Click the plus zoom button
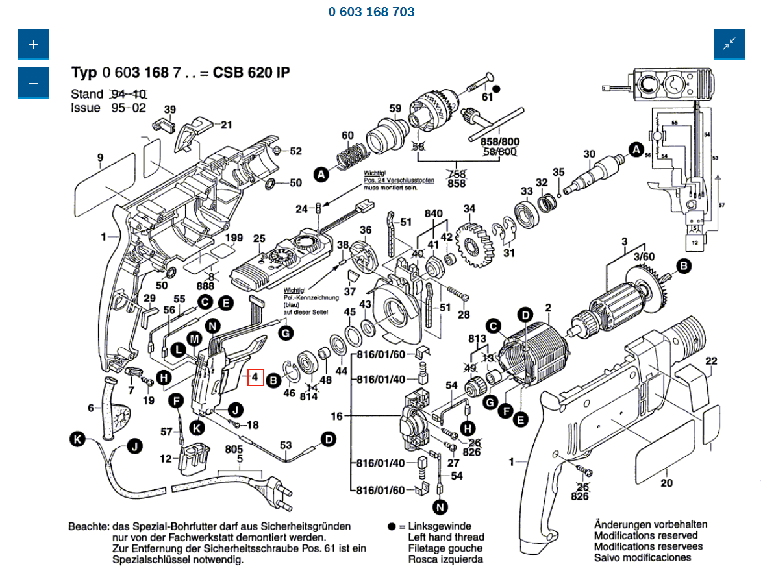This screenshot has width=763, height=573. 33,44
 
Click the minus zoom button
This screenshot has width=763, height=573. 33,83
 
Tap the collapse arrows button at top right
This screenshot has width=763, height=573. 729,44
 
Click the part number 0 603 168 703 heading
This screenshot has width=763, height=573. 371,12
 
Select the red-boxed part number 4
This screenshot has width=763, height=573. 255,377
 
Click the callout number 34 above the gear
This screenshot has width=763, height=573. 469,209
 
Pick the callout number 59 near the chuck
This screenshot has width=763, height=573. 395,108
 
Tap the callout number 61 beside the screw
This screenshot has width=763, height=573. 488,97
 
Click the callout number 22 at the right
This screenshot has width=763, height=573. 711,361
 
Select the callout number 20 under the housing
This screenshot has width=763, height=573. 666,483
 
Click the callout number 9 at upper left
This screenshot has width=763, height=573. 100,157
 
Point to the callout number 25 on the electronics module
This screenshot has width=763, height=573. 259,239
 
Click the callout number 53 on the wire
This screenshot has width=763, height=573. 286,445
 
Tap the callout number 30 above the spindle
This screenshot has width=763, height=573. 589,154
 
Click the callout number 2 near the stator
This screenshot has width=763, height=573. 548,308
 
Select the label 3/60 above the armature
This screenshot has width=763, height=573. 644,257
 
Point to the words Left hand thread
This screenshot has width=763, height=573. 445,537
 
